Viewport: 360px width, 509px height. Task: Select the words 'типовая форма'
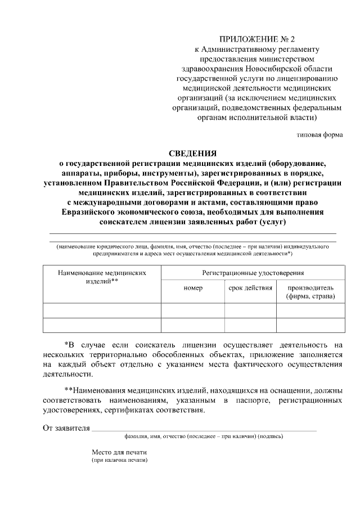(x=319, y=135)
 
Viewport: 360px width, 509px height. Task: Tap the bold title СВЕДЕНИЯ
(x=192, y=153)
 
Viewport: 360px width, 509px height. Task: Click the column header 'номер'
(x=193, y=287)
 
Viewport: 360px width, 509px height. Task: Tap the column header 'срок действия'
(x=250, y=287)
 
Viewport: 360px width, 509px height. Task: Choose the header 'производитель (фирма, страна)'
(x=310, y=291)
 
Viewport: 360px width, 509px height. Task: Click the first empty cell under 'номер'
(x=193, y=310)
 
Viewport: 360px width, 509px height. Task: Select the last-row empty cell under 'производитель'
(x=310, y=325)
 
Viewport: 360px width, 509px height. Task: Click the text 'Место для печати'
(x=119, y=452)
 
